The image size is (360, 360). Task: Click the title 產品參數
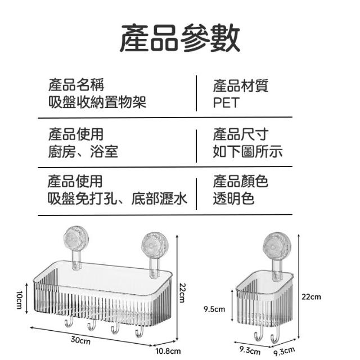[180, 38]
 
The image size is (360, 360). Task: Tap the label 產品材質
[240, 86]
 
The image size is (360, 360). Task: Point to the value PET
[226, 102]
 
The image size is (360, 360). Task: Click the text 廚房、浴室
[83, 151]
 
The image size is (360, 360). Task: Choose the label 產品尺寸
[240, 134]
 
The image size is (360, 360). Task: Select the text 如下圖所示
[247, 151]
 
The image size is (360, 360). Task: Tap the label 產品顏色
[240, 182]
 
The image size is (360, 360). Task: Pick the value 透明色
[233, 198]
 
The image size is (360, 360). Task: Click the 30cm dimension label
[81, 340]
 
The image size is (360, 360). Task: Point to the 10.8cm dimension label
[169, 351]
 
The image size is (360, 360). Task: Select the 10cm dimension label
[19, 299]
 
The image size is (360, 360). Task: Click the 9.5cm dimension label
[214, 308]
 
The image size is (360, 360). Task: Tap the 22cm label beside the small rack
[311, 296]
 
